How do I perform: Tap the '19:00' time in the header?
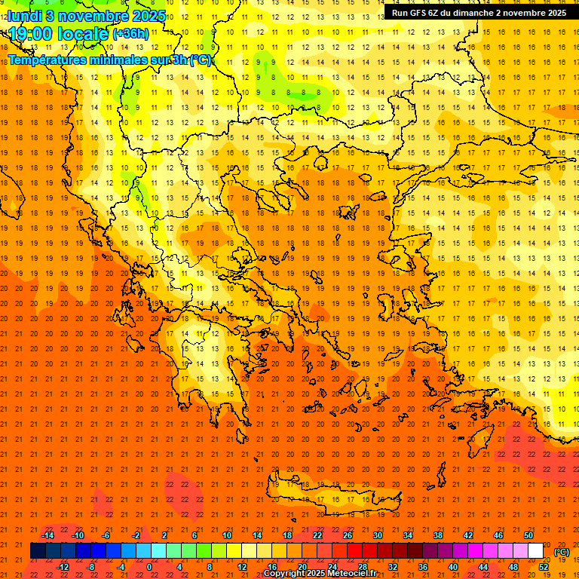[x=30, y=34]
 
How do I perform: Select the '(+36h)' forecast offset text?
[x=130, y=34]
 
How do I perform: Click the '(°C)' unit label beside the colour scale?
[x=562, y=552]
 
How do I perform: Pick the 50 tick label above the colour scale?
[x=528, y=535]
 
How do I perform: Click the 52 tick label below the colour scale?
[x=544, y=566]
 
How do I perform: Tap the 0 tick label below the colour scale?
[x=149, y=566]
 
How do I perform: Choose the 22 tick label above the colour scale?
[x=317, y=535]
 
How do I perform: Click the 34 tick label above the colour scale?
[x=408, y=535]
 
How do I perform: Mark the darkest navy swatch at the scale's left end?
[x=38, y=550]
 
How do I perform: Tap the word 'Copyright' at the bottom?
[x=285, y=574]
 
